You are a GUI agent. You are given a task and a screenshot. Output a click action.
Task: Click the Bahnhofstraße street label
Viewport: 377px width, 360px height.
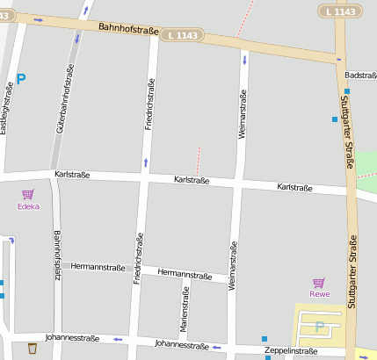click(x=129, y=31)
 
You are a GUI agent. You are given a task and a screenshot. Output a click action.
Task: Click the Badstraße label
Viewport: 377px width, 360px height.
click(x=361, y=76)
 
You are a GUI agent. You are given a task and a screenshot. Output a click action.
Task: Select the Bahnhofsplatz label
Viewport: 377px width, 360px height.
click(x=56, y=255)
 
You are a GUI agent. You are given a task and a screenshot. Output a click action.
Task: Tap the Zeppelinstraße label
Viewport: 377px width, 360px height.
click(x=291, y=351)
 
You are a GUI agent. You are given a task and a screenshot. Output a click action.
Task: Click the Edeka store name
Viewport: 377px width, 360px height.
click(x=29, y=206)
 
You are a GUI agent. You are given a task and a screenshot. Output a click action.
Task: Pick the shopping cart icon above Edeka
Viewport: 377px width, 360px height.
click(x=28, y=194)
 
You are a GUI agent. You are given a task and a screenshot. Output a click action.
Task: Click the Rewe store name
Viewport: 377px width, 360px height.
click(x=319, y=294)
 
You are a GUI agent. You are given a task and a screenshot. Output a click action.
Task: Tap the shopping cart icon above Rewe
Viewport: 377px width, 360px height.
click(x=319, y=282)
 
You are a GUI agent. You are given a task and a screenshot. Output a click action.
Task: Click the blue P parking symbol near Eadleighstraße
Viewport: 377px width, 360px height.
click(x=21, y=78)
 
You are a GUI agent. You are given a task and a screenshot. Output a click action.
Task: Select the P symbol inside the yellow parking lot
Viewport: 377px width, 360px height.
click(x=320, y=327)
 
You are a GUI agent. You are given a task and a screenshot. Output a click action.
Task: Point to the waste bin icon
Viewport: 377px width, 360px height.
click(x=33, y=349)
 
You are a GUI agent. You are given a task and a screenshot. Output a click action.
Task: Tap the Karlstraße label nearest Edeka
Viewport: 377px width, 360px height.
click(x=72, y=175)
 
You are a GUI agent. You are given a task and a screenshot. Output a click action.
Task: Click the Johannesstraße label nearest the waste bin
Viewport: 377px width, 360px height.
click(x=72, y=337)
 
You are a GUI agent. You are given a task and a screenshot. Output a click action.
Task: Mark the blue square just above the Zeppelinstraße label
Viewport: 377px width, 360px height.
click(x=265, y=339)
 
